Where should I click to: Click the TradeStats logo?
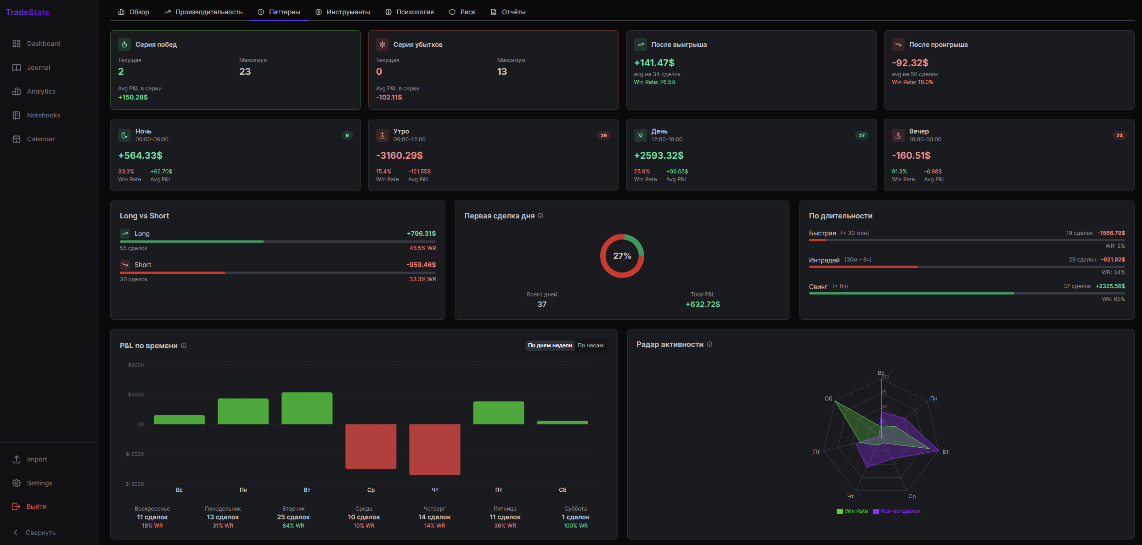[28, 12]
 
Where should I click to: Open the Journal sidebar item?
[39, 67]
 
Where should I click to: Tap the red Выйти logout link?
[36, 506]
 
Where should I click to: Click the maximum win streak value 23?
[245, 72]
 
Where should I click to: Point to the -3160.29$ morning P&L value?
[399, 156]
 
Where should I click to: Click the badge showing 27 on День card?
[861, 135]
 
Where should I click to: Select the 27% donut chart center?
[622, 256]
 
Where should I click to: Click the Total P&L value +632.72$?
[703, 304]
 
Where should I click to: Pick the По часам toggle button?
[590, 345]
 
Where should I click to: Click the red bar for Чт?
[434, 449]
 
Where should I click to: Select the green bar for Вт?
[307, 408]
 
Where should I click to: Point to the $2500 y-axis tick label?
[135, 395]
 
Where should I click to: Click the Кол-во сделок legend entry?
[900, 511]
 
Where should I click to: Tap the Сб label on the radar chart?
[828, 398]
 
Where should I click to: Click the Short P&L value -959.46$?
[421, 265]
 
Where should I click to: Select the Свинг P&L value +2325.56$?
[1110, 286]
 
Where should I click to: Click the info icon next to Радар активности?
[709, 344]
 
